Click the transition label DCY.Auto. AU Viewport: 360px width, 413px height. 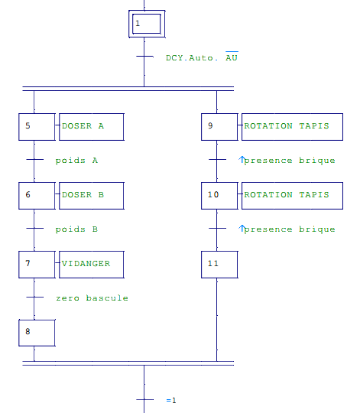coord(202,57)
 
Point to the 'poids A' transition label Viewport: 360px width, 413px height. coord(76,161)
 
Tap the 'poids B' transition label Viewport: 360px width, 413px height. coord(76,229)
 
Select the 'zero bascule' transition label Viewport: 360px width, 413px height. coord(92,298)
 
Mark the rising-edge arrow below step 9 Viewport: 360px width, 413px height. coord(242,159)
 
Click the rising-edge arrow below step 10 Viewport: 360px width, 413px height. coord(242,229)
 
